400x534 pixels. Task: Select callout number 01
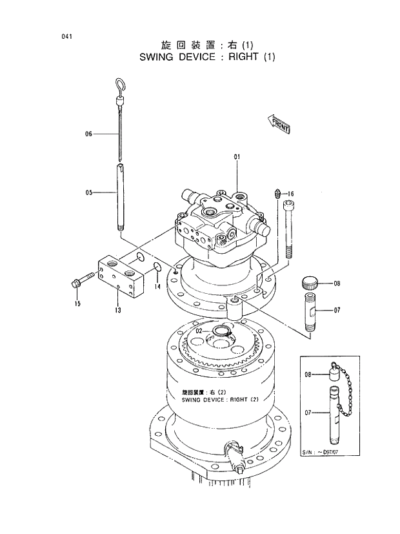pyautogui.click(x=237, y=157)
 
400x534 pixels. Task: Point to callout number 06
pyautogui.click(x=89, y=134)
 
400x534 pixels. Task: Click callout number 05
pyautogui.click(x=89, y=192)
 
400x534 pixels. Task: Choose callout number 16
pyautogui.click(x=290, y=194)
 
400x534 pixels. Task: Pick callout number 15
pyautogui.click(x=77, y=303)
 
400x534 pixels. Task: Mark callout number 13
pyautogui.click(x=118, y=310)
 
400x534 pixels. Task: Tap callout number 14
pyautogui.click(x=157, y=286)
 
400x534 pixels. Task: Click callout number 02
pyautogui.click(x=199, y=331)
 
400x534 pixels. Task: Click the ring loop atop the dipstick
pyautogui.click(x=121, y=85)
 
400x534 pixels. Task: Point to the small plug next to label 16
pyautogui.click(x=277, y=192)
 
